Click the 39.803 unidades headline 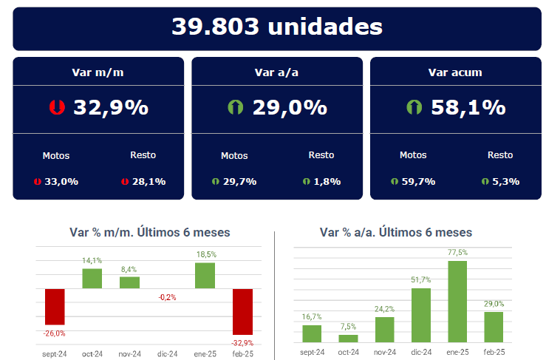click(277, 27)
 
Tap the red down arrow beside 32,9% click(56, 107)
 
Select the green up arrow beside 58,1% click(414, 107)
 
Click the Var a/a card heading click(277, 72)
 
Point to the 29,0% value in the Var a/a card click(290, 107)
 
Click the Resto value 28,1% click(148, 181)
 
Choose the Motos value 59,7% click(418, 181)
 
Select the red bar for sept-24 click(55, 306)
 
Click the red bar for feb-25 click(243, 310)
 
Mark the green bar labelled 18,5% click(205, 275)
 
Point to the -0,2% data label click(167, 296)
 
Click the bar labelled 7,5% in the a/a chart click(348, 338)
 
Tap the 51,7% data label click(420, 280)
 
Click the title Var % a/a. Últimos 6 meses click(396, 232)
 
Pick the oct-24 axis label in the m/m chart click(92, 353)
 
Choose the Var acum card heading click(455, 72)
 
